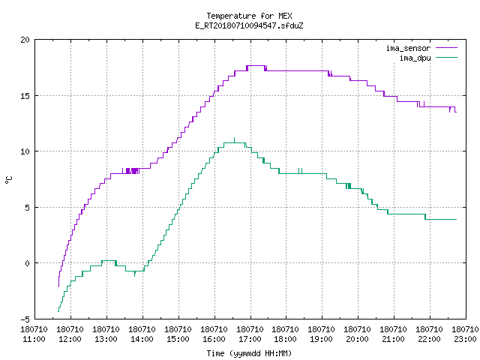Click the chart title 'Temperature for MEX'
pos(249,16)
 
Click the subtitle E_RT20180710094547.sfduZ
pos(249,25)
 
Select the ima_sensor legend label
pos(408,48)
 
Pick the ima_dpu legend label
pos(415,58)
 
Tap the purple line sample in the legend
pos(447,48)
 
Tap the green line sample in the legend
pos(447,58)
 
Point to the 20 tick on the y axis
pos(25,40)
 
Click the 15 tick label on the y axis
pos(25,96)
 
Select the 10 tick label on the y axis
pos(25,151)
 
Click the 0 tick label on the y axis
pos(28,263)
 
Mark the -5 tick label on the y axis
pos(25,319)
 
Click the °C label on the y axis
pos(8,180)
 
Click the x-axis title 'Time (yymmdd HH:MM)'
pos(249,353)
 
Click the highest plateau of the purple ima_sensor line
pos(256,65)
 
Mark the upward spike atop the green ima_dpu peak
pos(235,140)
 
